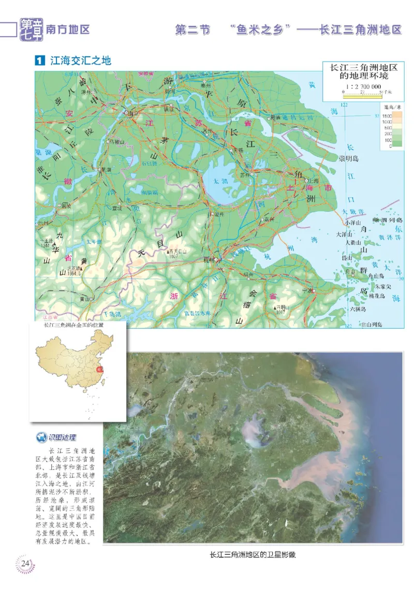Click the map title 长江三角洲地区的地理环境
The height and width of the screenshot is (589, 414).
[360, 71]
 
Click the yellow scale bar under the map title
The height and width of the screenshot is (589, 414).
[362, 95]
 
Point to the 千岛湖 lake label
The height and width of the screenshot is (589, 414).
[111, 314]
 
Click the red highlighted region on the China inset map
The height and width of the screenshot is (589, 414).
[101, 370]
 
